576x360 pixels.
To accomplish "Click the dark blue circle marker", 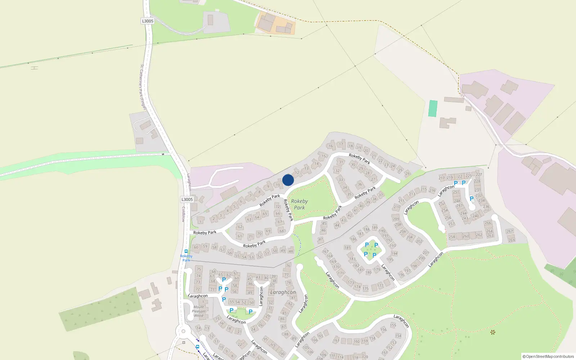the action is tap(288, 180).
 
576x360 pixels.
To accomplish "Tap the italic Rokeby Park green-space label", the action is tap(299, 204).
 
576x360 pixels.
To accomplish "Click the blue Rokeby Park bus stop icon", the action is tap(186, 252).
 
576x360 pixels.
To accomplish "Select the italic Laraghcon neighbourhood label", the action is tap(283, 292).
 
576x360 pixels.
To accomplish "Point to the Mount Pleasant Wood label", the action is tap(198, 311).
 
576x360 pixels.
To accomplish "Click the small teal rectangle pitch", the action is tap(433, 108).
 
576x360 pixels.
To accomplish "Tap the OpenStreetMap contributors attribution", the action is tap(548, 356).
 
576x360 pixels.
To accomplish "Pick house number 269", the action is tap(512, 240).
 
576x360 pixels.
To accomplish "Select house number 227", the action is tap(479, 175).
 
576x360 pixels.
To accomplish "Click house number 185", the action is tap(347, 248).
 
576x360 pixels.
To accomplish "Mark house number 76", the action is tap(288, 266).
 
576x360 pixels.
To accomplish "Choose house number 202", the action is tap(419, 242).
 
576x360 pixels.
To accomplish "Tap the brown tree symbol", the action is tap(493, 332).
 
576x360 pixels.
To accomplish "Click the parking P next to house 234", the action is tap(472, 199).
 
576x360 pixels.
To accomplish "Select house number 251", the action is tap(456, 192).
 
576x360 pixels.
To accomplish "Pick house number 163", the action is tap(336, 340).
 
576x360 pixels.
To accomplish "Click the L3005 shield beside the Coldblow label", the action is tap(187, 199).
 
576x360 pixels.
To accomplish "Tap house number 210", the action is tap(397, 207).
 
